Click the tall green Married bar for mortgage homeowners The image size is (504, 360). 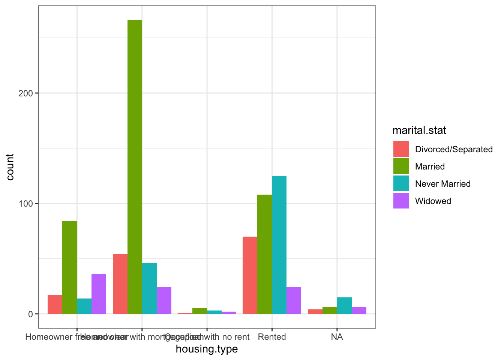click(x=135, y=167)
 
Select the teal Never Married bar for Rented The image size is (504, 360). click(x=279, y=245)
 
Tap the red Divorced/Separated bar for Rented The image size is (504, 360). click(x=250, y=275)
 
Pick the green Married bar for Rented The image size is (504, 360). click(x=264, y=254)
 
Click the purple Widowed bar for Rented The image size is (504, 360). click(x=294, y=300)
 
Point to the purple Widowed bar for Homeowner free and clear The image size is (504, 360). click(x=99, y=294)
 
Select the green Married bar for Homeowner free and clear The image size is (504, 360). click(x=69, y=267)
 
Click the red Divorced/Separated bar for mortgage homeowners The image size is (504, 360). click(x=120, y=284)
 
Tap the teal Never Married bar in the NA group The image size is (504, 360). click(x=344, y=306)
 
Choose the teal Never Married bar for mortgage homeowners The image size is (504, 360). click(x=149, y=288)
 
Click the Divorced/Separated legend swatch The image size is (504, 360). click(x=401, y=149)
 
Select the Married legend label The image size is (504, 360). click(x=430, y=166)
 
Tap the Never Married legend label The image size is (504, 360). click(x=442, y=184)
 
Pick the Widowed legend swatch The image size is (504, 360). click(x=401, y=201)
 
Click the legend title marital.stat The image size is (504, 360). click(x=419, y=130)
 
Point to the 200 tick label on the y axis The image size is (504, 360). click(x=25, y=93)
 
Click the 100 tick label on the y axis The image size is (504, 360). click(x=25, y=204)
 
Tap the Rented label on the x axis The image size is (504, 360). click(x=272, y=337)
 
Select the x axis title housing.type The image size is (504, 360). click(x=207, y=349)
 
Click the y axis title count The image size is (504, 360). click(x=10, y=167)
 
